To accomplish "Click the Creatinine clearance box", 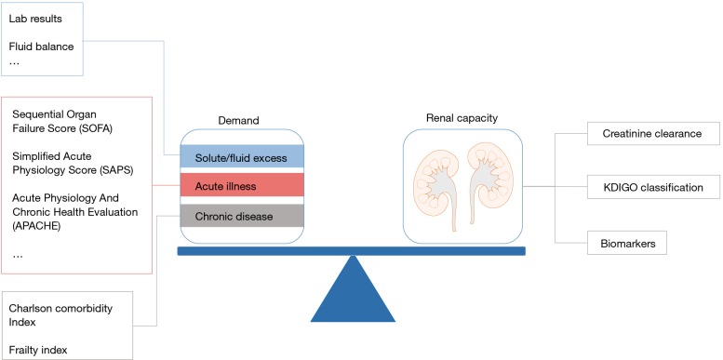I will pyautogui.click(x=644, y=135).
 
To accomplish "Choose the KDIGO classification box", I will pyautogui.click(x=644, y=188).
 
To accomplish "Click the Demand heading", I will pyautogui.click(x=237, y=120).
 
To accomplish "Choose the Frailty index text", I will pyautogui.click(x=39, y=350).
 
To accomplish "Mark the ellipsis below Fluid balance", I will pyautogui.click(x=15, y=63).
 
